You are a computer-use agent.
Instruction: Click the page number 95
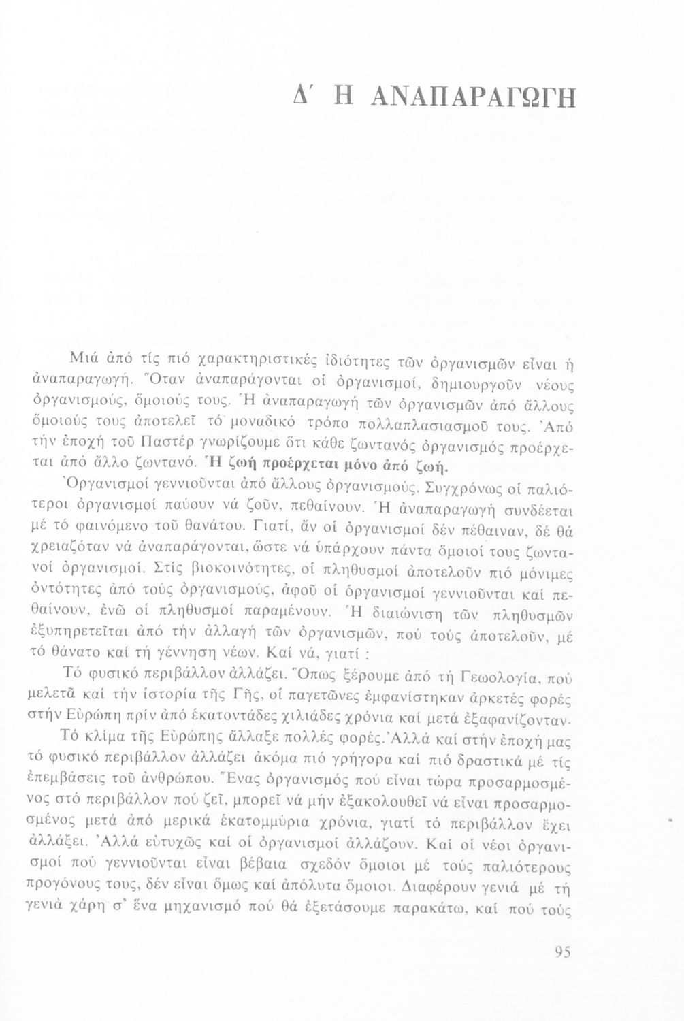(562, 953)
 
